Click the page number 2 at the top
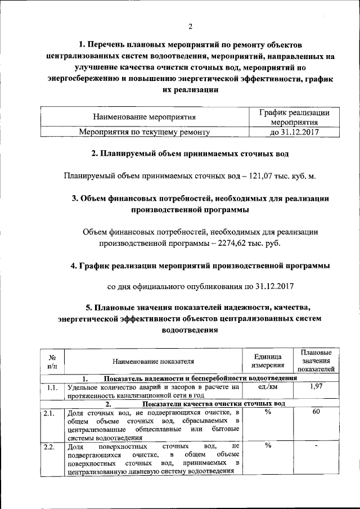pos(190,26)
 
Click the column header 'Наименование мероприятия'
pos(144,118)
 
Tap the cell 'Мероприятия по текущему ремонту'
pos(144,132)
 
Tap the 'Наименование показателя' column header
pos(153,362)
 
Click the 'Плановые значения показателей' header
pos(316,361)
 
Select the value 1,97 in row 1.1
pos(316,387)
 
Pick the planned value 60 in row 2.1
pos(316,413)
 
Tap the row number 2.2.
pos(49,447)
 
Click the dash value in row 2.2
pos(316,447)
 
